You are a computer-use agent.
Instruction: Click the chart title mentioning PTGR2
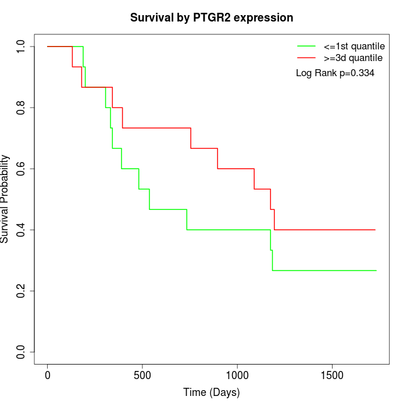[x=212, y=17]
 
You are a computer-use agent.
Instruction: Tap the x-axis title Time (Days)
[x=212, y=392]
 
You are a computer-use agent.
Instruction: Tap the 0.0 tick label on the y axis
[x=22, y=352]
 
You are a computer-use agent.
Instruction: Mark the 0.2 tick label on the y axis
[x=22, y=291]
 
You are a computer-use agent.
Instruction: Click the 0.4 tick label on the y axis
[x=22, y=230]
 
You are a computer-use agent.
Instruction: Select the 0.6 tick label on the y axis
[x=22, y=169]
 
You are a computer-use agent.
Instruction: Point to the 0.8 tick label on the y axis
[x=22, y=108]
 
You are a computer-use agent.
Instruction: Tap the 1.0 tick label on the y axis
[x=22, y=47]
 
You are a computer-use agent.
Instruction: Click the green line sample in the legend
[x=306, y=45]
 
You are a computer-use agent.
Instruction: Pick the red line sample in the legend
[x=306, y=58]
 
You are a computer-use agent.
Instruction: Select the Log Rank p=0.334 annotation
[x=335, y=73]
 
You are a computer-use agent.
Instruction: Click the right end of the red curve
[x=375, y=230]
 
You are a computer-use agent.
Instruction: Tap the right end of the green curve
[x=376, y=270]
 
